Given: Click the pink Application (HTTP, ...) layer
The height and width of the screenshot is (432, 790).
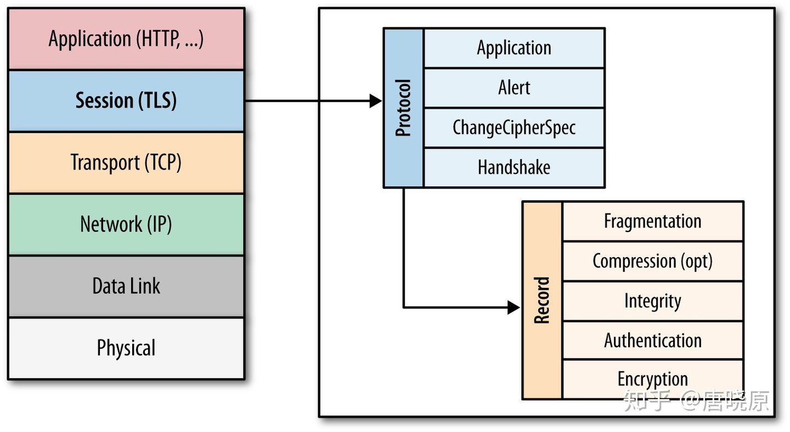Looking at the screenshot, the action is [126, 39].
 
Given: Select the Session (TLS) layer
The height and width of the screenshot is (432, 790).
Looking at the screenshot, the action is [126, 101].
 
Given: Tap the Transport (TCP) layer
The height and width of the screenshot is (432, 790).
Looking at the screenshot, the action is [126, 163].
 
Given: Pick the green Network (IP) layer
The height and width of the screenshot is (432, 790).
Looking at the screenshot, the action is [126, 224].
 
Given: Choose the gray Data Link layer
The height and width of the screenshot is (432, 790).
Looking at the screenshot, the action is [126, 286].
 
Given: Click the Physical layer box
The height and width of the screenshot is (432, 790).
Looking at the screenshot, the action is [126, 349].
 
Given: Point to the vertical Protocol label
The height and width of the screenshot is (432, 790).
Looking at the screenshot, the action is [403, 108].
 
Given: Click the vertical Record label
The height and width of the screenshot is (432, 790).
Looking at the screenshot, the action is [541, 300].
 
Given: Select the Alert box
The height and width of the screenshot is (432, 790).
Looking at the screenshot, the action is [514, 88].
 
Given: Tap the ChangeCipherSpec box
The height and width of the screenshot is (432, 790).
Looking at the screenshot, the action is [514, 128].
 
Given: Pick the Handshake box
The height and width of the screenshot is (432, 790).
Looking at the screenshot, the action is [514, 168].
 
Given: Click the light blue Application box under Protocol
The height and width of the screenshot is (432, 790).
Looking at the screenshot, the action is [514, 48].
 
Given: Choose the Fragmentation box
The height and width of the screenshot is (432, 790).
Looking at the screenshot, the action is [653, 221].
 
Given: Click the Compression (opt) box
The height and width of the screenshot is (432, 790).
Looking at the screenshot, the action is [653, 262].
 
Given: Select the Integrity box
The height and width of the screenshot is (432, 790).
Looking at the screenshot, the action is [653, 302].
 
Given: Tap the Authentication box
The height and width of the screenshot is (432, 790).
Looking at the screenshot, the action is [653, 341].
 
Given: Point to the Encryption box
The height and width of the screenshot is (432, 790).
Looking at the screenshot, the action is [653, 379].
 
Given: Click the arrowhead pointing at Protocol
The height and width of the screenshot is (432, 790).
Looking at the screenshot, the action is [376, 101].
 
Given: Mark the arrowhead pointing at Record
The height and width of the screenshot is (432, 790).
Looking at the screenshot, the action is [513, 308].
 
